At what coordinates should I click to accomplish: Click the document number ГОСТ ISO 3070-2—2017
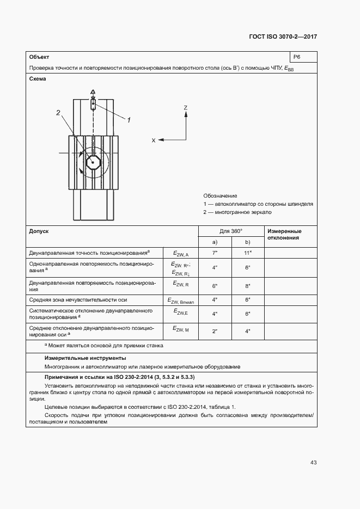tap(283, 37)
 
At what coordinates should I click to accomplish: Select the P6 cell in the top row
tap(297, 57)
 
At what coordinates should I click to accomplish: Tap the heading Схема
tap(38, 79)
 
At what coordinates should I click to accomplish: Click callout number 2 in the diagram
tap(58, 113)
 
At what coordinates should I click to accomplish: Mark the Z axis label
tap(186, 108)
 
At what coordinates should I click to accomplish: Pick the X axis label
tap(154, 140)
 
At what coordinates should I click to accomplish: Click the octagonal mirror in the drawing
tap(93, 162)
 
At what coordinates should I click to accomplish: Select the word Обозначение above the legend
tap(220, 195)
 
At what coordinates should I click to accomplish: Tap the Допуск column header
tap(39, 231)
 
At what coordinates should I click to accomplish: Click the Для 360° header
tap(231, 231)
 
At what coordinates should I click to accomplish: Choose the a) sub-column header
tap(215, 242)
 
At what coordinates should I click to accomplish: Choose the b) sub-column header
tap(247, 242)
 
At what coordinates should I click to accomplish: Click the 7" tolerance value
tap(215, 254)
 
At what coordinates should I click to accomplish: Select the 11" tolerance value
tap(247, 254)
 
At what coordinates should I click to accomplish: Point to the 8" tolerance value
tap(247, 286)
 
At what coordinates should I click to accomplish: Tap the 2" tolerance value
tap(215, 331)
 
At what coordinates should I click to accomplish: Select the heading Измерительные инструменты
tap(85, 358)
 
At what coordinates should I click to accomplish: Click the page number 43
tap(313, 463)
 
